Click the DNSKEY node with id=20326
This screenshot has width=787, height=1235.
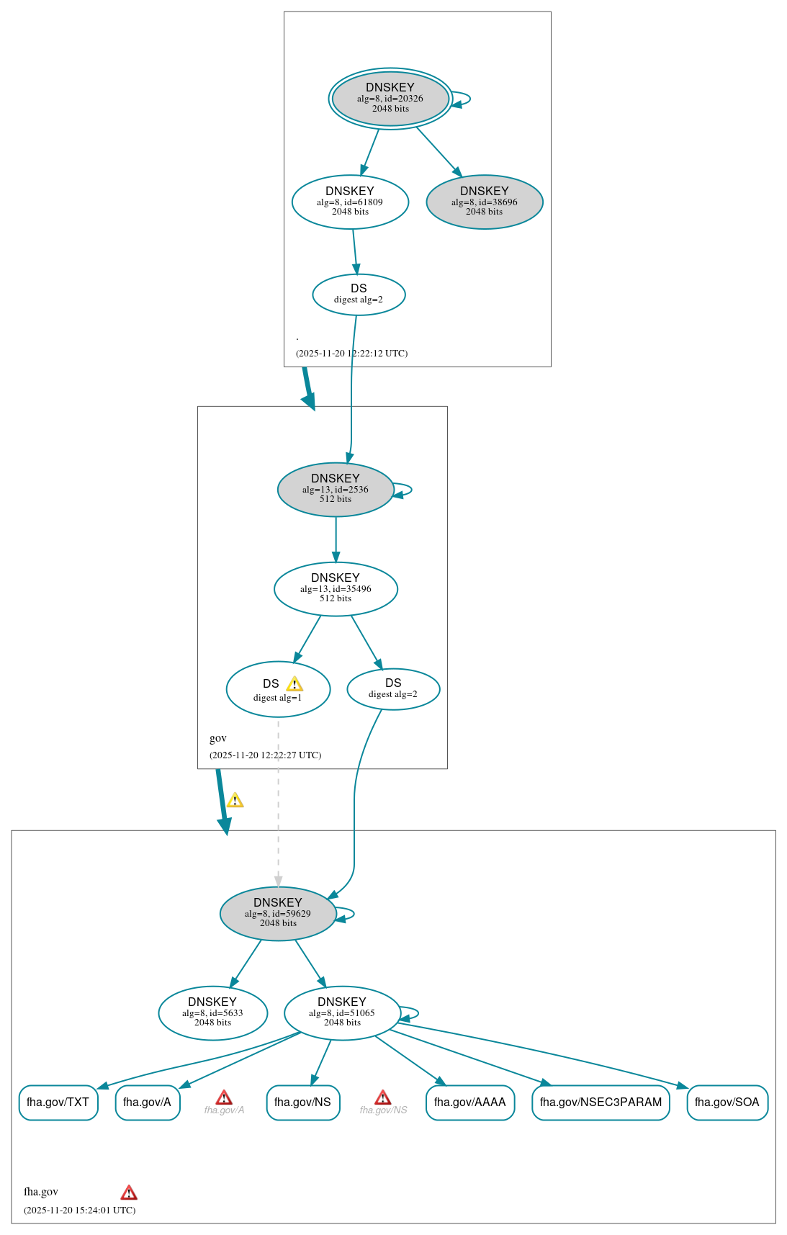390,99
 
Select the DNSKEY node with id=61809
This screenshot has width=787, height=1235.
350,202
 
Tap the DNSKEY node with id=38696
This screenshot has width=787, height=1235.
485,202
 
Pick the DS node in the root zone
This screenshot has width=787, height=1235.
359,294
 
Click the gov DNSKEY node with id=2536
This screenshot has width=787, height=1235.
336,489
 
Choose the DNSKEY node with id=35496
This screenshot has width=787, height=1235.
336,588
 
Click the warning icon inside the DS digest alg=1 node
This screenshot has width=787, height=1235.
294,684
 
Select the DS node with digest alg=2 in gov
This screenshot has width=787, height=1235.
393,688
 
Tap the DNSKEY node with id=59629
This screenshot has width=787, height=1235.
278,913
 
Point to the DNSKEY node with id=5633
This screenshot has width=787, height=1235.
212,1012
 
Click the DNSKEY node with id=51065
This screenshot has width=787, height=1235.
342,1012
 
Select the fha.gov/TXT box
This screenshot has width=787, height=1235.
58,1102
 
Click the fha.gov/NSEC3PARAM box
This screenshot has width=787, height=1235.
601,1102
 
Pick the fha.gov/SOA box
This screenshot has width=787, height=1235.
727,1102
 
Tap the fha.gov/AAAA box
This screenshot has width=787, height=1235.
470,1102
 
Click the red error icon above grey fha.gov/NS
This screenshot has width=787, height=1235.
383,1097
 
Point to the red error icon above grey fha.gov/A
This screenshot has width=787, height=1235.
224,1097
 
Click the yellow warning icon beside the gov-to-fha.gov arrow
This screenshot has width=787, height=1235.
235,800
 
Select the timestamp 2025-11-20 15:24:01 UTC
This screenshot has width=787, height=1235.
79,1210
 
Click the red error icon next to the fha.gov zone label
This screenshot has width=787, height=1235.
129,1192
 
